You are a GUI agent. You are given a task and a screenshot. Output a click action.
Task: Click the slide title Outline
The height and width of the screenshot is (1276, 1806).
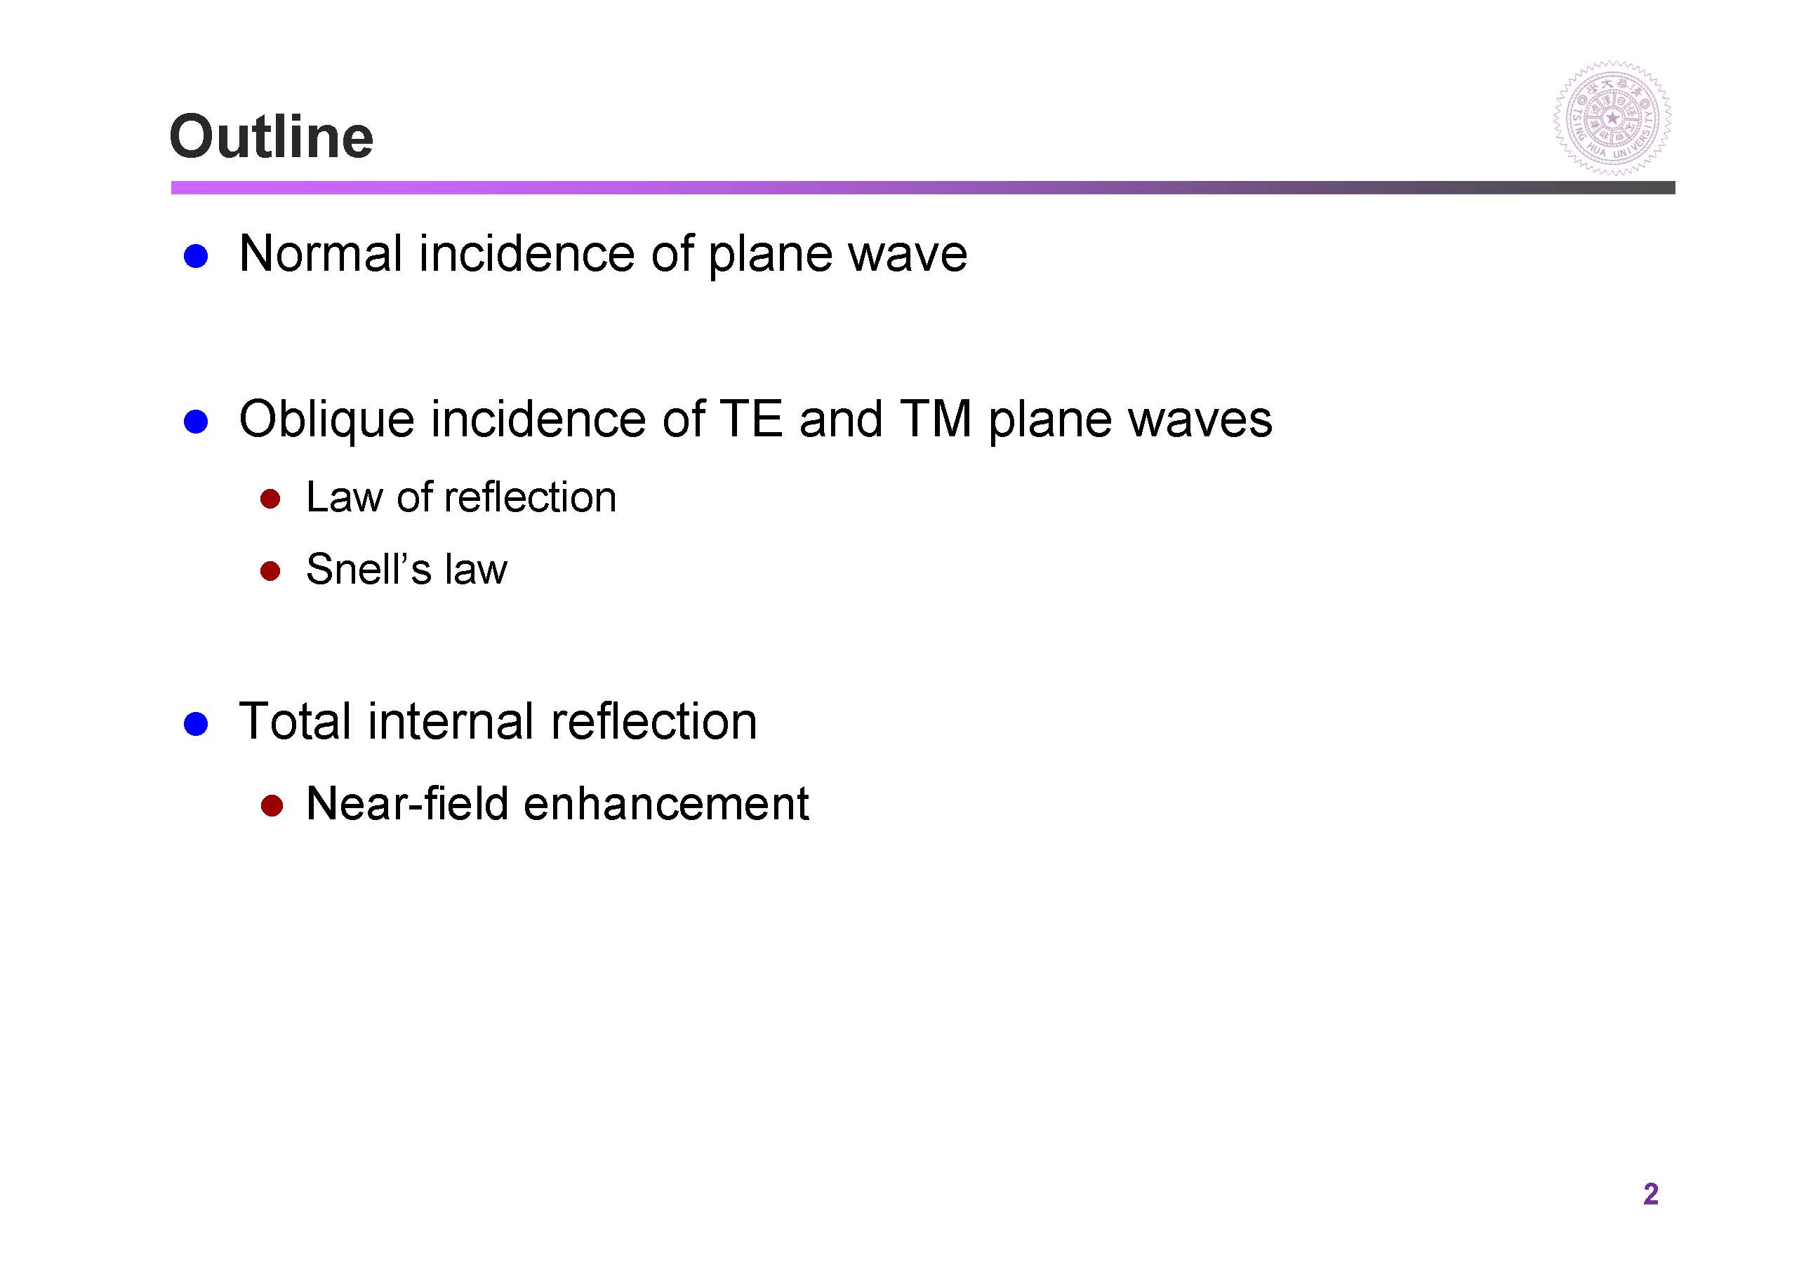pyautogui.click(x=272, y=136)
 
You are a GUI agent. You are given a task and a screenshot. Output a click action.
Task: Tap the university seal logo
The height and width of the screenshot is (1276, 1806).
pyautogui.click(x=1612, y=118)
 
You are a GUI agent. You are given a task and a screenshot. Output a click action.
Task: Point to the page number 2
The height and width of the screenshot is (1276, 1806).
pyautogui.click(x=1650, y=1193)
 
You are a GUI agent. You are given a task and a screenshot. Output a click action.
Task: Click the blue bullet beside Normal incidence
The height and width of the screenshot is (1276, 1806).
pyautogui.click(x=195, y=256)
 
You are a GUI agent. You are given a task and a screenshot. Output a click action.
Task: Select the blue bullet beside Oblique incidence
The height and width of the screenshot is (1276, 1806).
pyautogui.click(x=195, y=422)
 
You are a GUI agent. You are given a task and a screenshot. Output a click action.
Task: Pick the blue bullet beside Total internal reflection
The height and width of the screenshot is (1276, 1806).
pyautogui.click(x=195, y=723)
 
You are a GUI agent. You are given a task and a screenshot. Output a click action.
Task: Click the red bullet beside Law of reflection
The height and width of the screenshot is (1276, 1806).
pyautogui.click(x=271, y=499)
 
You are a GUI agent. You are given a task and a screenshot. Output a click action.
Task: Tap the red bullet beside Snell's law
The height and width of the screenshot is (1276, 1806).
pyautogui.click(x=271, y=571)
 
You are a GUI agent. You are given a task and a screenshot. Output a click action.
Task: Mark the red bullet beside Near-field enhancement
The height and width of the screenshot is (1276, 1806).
pyautogui.click(x=271, y=806)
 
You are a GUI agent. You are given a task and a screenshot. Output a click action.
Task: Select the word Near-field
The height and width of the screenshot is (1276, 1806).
pyautogui.click(x=406, y=803)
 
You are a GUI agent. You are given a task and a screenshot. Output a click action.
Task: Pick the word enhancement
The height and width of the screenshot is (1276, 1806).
pyautogui.click(x=666, y=803)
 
